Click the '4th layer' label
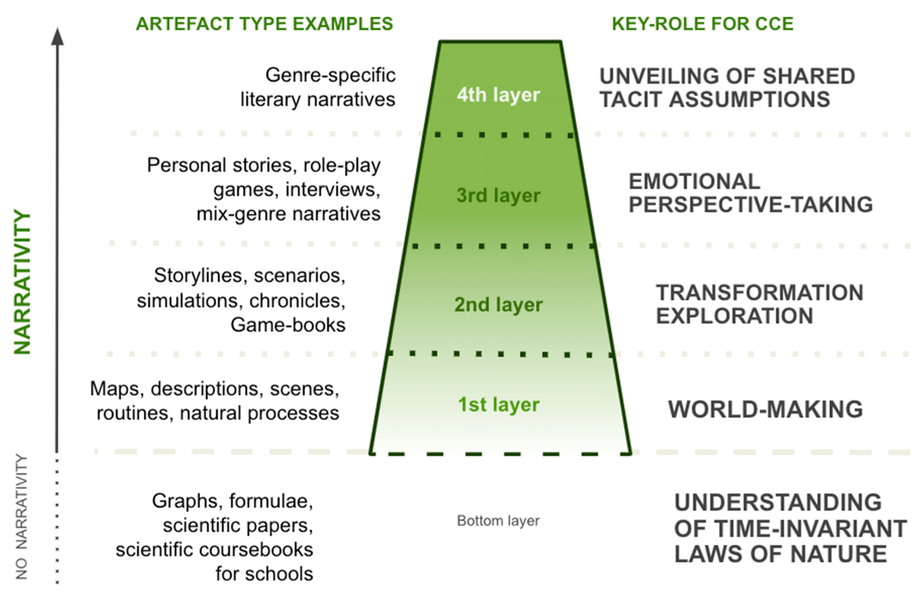498,95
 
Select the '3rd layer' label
498,195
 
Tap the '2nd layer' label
498,305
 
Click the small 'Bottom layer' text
498,521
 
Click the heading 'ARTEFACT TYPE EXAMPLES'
264,24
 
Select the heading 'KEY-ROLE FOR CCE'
703,24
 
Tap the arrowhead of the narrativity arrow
58,37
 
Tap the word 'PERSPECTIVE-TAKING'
751,205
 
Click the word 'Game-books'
288,325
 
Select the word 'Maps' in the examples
115,389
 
